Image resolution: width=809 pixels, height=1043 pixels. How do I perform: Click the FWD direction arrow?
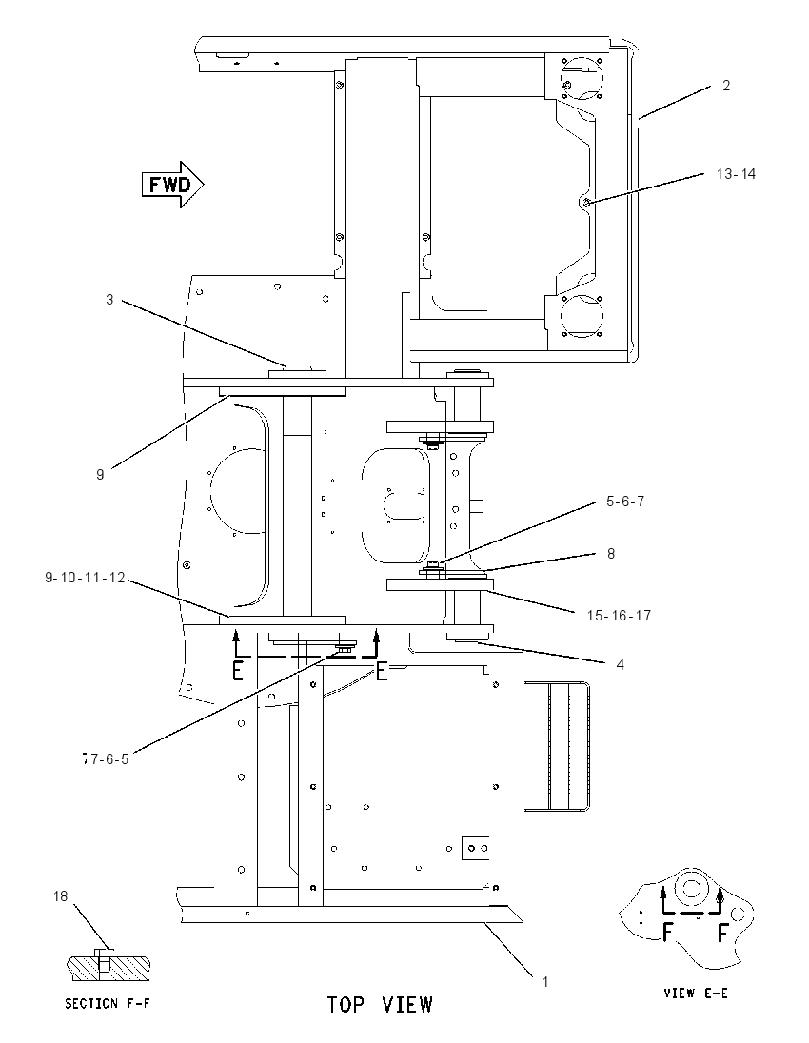[x=172, y=185]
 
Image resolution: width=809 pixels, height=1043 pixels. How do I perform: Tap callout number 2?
[x=726, y=85]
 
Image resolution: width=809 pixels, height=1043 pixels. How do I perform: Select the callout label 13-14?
[x=736, y=173]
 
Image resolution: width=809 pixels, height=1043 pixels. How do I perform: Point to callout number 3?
[x=109, y=300]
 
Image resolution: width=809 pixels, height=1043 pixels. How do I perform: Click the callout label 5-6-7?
[x=624, y=501]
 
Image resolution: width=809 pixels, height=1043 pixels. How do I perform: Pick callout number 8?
[x=611, y=554]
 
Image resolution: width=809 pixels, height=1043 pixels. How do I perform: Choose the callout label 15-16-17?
[x=619, y=616]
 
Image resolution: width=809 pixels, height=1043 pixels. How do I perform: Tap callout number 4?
[x=620, y=664]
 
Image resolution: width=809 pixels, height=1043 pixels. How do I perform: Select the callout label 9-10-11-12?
[x=85, y=578]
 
